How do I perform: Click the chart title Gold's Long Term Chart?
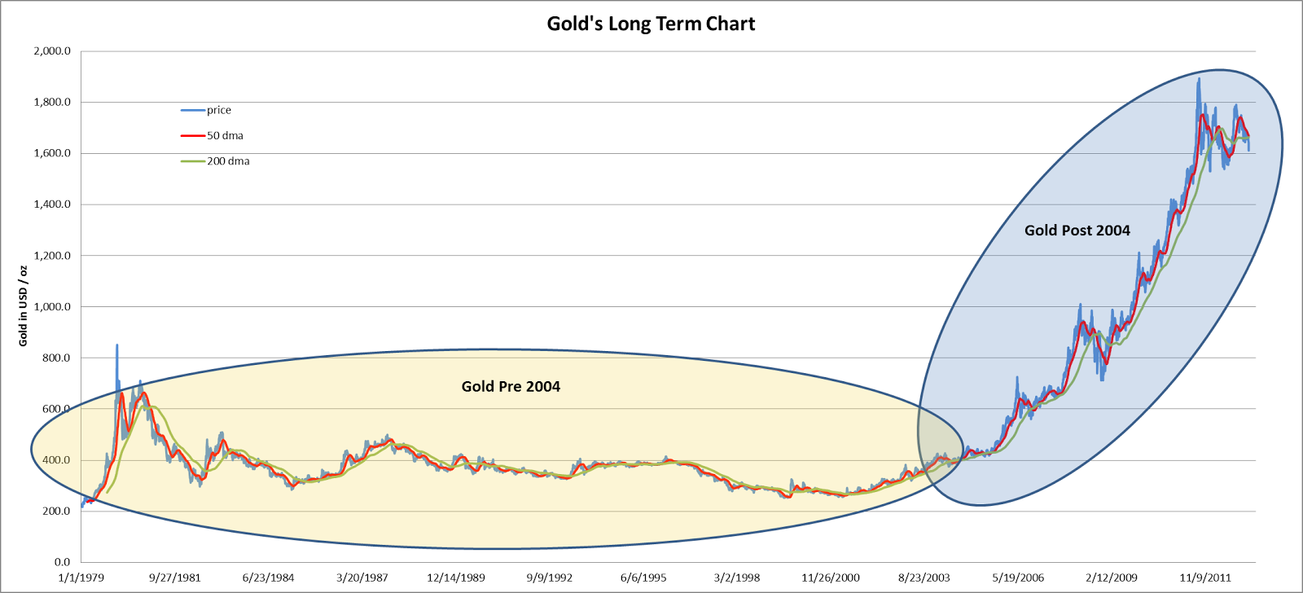(651, 24)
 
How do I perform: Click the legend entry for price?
(218, 110)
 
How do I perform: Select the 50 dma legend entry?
(225, 135)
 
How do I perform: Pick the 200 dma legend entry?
(228, 161)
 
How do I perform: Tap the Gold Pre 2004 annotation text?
(511, 386)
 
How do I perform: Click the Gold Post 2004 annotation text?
(1077, 231)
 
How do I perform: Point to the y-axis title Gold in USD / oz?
(23, 305)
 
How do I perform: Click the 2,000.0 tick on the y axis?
(52, 51)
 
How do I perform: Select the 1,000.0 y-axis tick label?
(52, 307)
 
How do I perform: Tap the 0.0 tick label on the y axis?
(62, 562)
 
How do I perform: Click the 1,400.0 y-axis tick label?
(52, 204)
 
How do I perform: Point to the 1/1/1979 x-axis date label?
(81, 578)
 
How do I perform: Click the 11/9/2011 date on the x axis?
(1205, 578)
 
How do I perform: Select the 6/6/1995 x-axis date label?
(643, 578)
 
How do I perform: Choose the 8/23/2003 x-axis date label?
(924, 578)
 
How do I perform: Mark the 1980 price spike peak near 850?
(116, 345)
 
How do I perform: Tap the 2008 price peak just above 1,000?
(1080, 305)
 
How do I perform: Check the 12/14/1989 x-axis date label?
(456, 578)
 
